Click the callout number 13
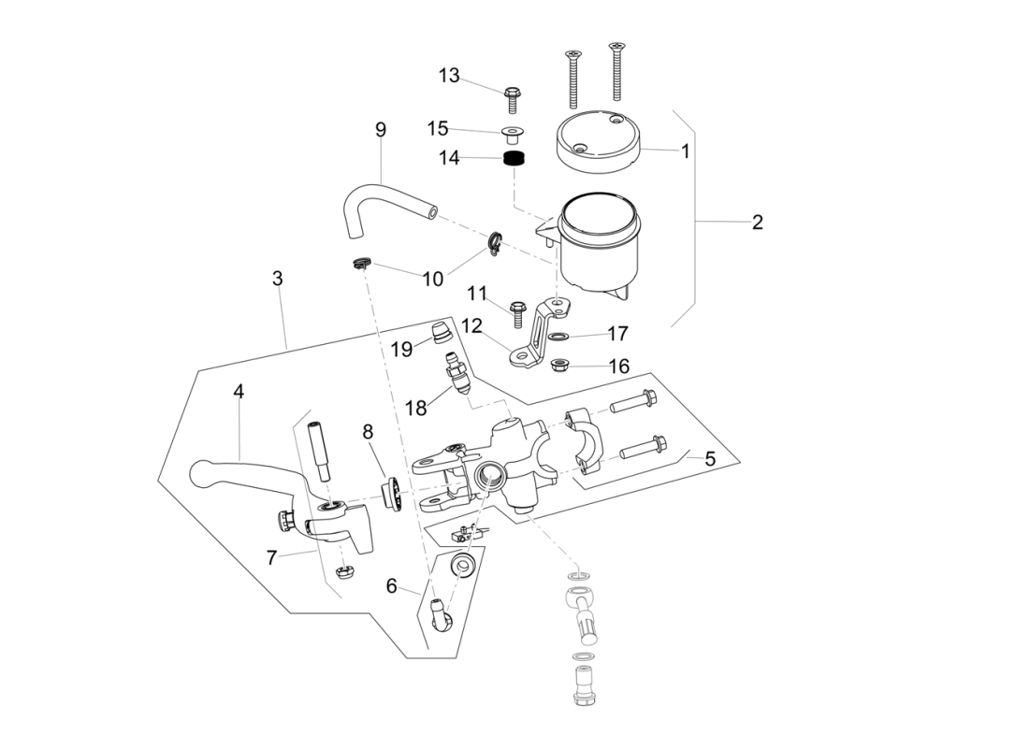(x=449, y=76)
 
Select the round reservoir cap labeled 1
(x=597, y=141)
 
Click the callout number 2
(x=757, y=223)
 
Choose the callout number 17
(x=617, y=334)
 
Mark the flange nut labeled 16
(x=562, y=364)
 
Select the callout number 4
(x=239, y=393)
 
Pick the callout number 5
(x=710, y=459)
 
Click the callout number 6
(x=392, y=586)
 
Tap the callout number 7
(x=271, y=558)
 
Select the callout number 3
(x=277, y=279)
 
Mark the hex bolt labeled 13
(x=512, y=94)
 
